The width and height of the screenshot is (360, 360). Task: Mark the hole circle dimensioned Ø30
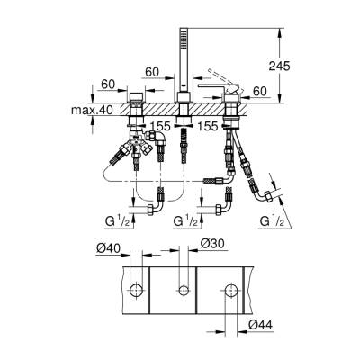184,290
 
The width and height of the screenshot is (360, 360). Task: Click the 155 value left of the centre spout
159,128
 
